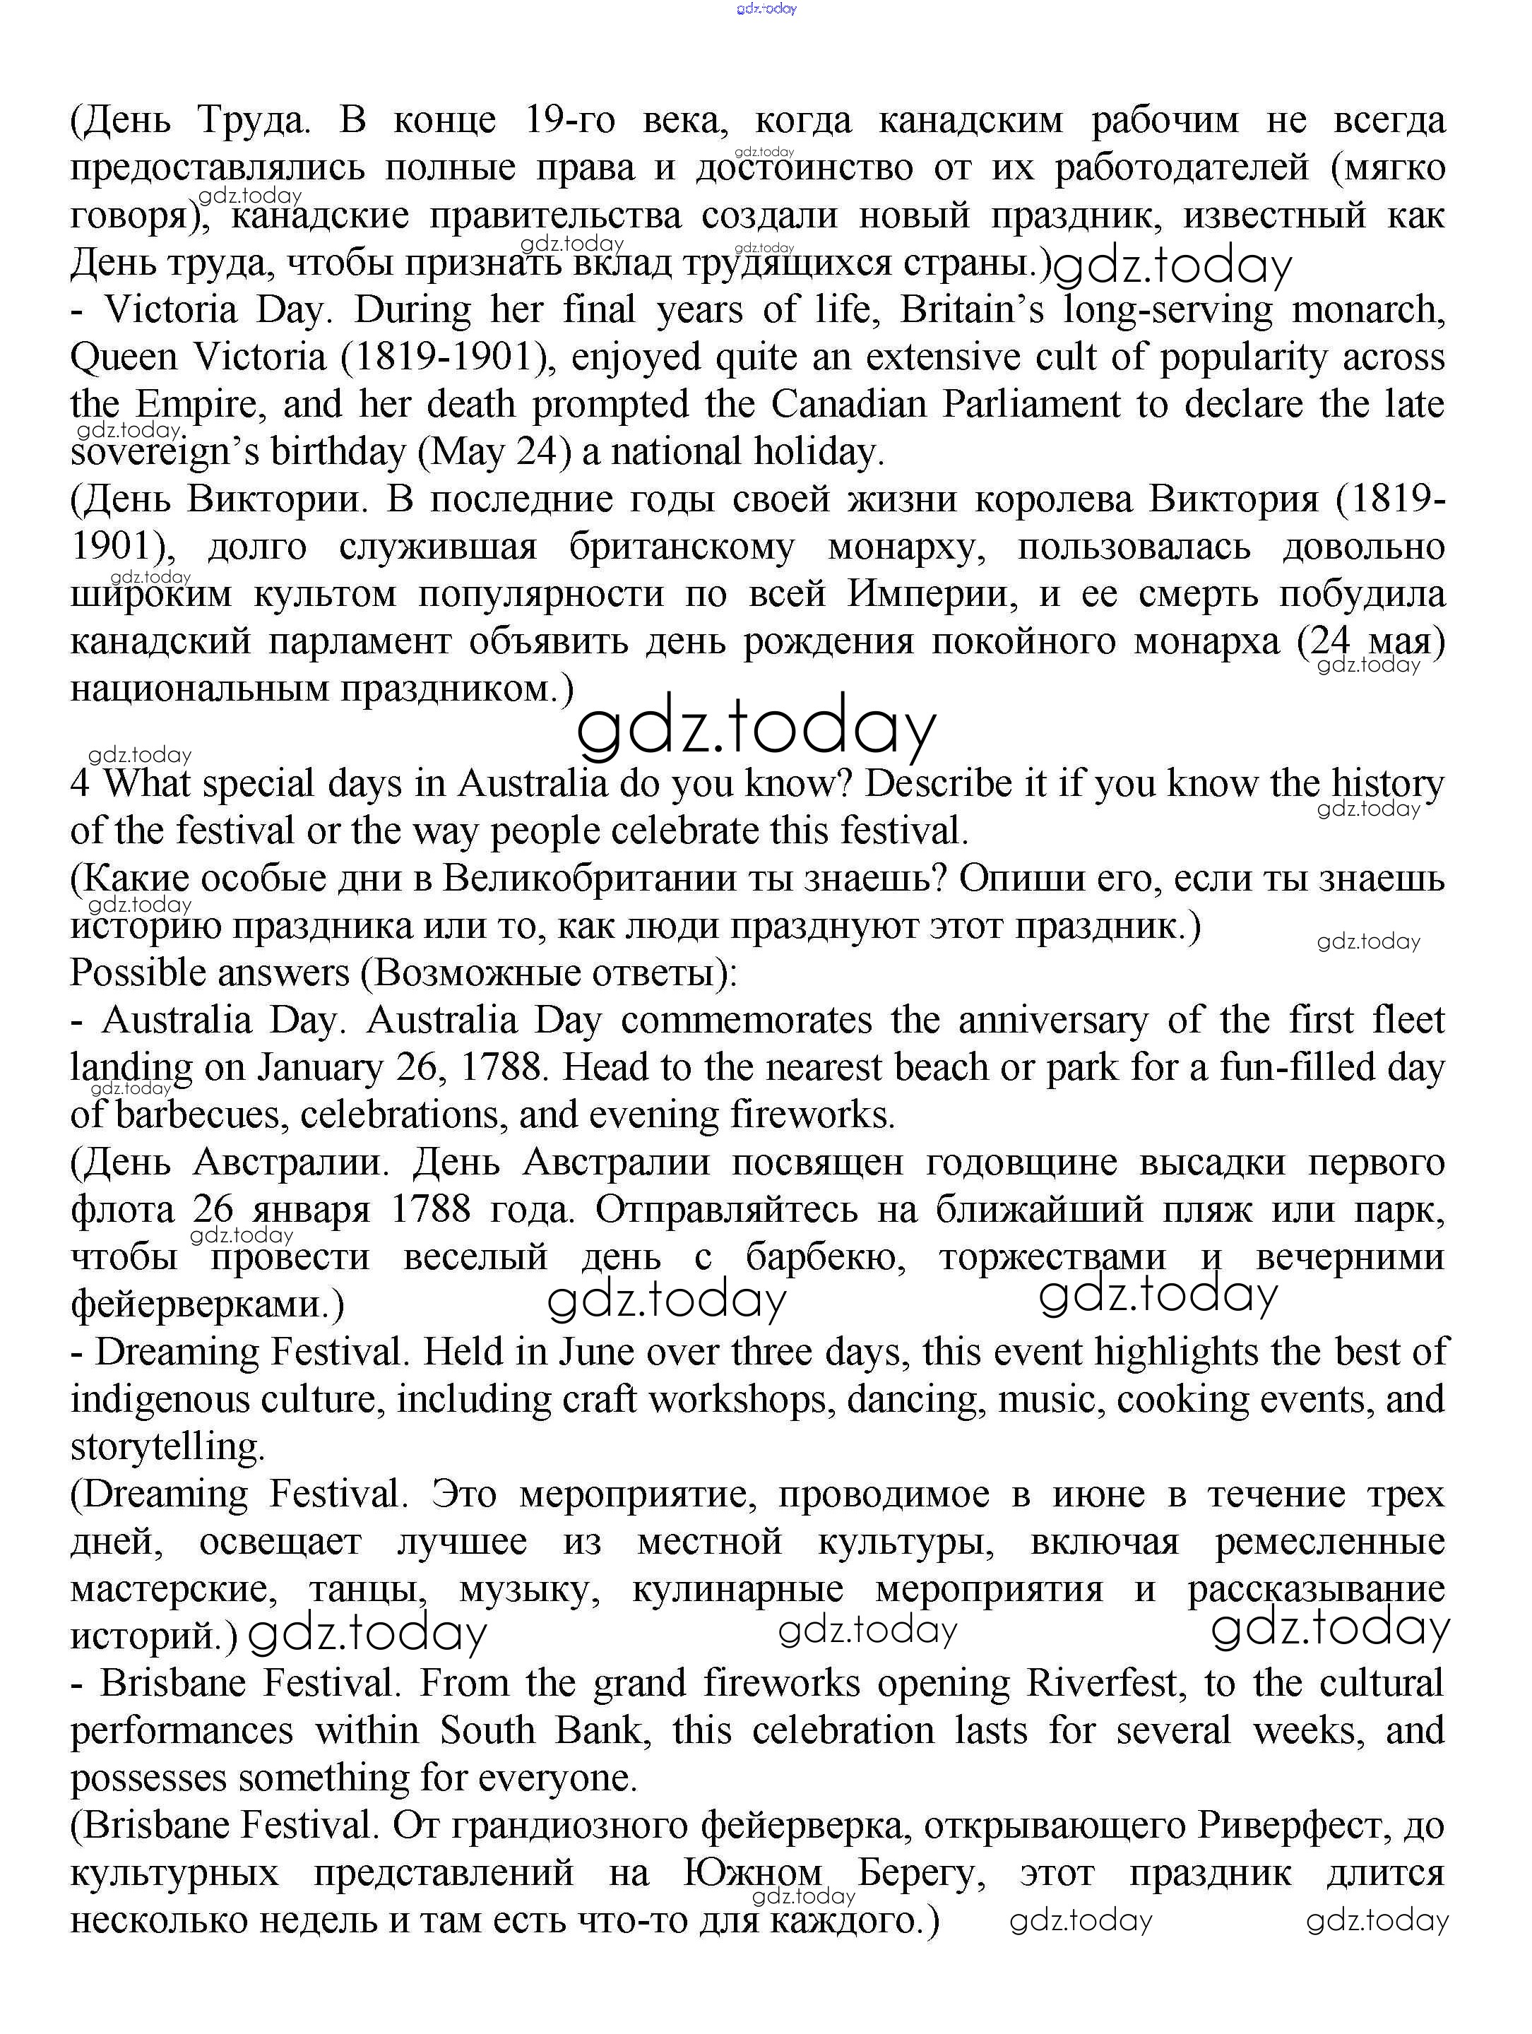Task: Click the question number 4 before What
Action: pyautogui.click(x=81, y=783)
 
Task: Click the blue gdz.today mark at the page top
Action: pyautogui.click(x=766, y=8)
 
